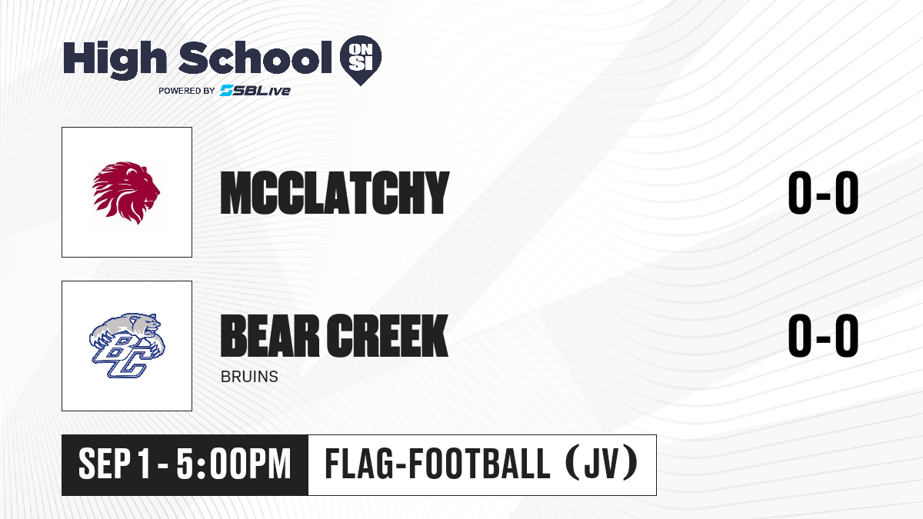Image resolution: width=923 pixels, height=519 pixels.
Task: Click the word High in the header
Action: [115, 60]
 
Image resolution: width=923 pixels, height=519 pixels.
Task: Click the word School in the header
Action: [255, 58]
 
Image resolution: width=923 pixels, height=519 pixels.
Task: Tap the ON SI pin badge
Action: [361, 60]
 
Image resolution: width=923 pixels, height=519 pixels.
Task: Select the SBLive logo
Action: [255, 90]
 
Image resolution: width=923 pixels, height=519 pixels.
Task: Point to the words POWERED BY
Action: [187, 91]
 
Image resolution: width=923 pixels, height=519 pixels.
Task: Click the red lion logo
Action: [126, 193]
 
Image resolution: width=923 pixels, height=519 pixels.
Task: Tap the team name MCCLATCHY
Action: [335, 193]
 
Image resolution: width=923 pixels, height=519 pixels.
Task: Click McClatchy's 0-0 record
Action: [823, 193]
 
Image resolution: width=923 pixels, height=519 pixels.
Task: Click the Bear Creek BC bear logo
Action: [127, 345]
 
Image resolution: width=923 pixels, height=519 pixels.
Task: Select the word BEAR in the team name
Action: [270, 335]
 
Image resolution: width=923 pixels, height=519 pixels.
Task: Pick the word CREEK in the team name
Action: [388, 335]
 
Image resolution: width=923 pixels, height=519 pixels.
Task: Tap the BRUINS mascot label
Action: [249, 377]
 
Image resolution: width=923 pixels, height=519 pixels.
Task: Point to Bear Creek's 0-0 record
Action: [823, 335]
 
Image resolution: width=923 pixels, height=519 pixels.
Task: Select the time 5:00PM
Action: [234, 464]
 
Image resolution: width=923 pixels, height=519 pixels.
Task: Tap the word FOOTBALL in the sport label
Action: [480, 464]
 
